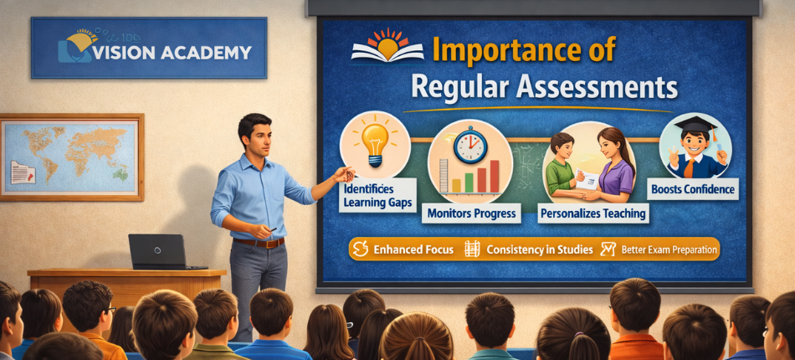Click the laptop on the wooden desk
coord(156,251)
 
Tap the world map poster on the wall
coord(70,157)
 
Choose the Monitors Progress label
coord(472,213)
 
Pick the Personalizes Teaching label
coord(592,213)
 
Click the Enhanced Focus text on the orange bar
coord(413,249)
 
